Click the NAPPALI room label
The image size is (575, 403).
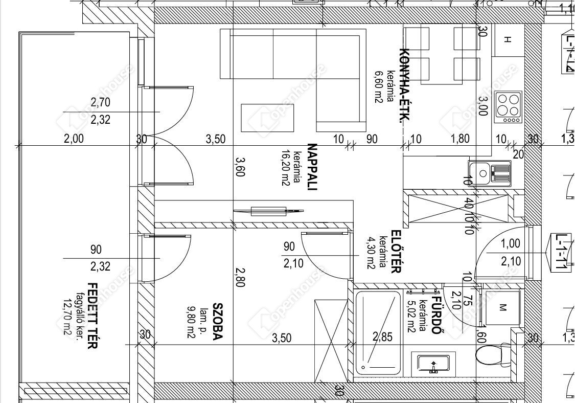[x=312, y=167]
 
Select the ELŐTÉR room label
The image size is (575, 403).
[x=396, y=252]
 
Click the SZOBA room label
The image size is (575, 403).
[x=218, y=322]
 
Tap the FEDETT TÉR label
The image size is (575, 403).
[x=93, y=315]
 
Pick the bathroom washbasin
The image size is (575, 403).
[x=433, y=364]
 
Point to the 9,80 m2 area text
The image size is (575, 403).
[x=191, y=322]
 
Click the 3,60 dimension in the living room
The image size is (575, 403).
[x=240, y=167]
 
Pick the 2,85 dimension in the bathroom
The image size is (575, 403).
[x=382, y=336]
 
